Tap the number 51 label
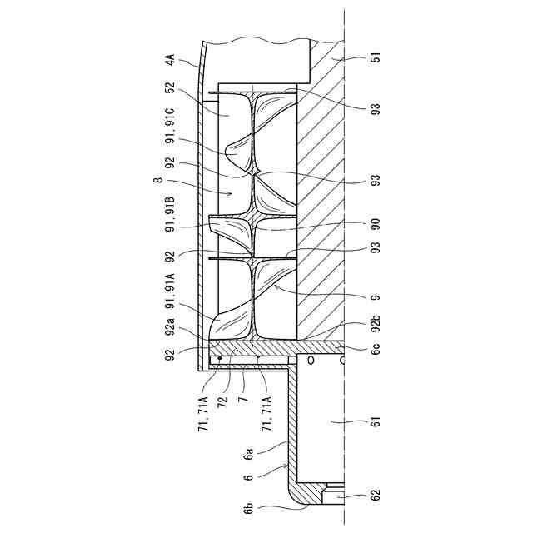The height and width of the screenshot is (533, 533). pos(376,57)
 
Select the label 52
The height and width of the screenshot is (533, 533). pos(170,87)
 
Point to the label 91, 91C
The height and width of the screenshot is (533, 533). pos(170,126)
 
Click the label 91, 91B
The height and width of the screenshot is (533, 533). pos(170,214)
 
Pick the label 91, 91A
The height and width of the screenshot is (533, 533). pos(170,291)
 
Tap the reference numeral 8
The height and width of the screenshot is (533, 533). pos(158,180)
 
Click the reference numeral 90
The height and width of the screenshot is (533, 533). pos(376,224)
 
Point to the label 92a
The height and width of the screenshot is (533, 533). pos(170,326)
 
